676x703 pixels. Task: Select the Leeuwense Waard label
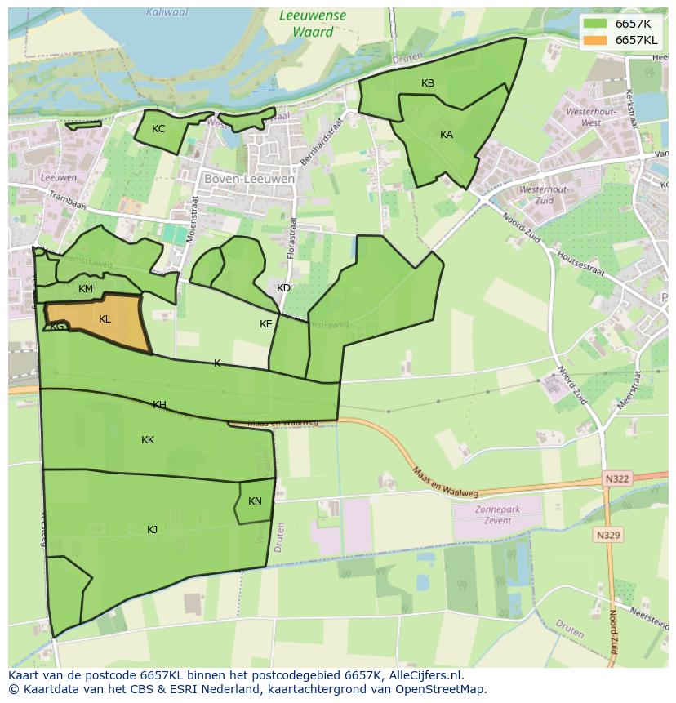point(312,24)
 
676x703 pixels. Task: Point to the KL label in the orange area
point(105,319)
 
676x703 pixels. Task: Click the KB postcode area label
point(428,83)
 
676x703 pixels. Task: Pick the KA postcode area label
point(447,135)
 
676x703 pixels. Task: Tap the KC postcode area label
point(158,129)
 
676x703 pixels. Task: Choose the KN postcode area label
point(255,501)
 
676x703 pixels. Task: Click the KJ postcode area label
point(152,530)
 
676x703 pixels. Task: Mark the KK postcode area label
point(148,440)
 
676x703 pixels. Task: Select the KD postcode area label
point(283,288)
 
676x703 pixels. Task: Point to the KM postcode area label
point(86,289)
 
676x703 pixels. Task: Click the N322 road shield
point(617,478)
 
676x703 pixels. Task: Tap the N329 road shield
point(607,536)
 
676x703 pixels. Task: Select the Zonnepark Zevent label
point(497,514)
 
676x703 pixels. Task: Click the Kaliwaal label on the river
point(166,12)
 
